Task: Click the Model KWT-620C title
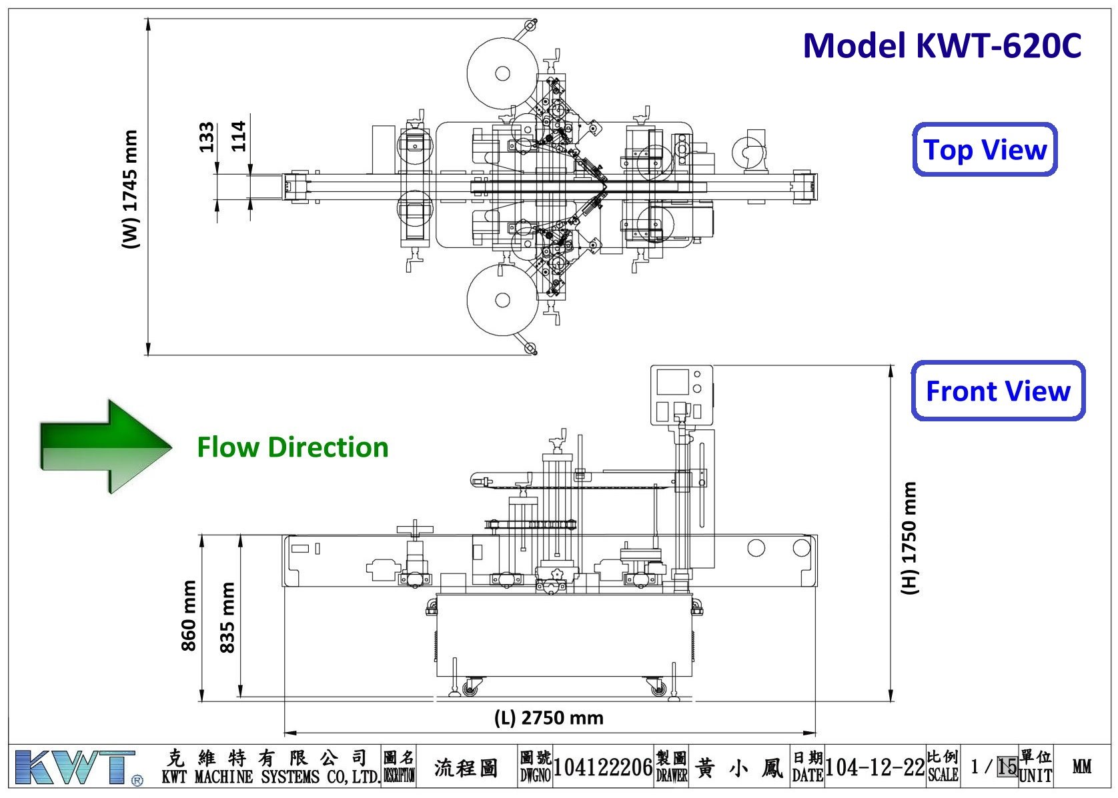click(941, 46)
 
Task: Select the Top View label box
click(985, 150)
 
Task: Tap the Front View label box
click(998, 391)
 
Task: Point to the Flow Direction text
click(292, 447)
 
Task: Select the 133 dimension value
click(207, 137)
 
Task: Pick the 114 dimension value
click(238, 137)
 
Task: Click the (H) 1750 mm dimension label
click(909, 538)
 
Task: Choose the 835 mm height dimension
click(227, 617)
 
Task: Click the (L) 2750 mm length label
click(548, 718)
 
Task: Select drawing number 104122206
click(602, 767)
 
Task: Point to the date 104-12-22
click(875, 767)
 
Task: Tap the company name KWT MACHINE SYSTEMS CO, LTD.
click(271, 777)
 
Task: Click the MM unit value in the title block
click(1082, 767)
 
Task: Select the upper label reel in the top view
click(502, 72)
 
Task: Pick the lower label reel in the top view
click(502, 300)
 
